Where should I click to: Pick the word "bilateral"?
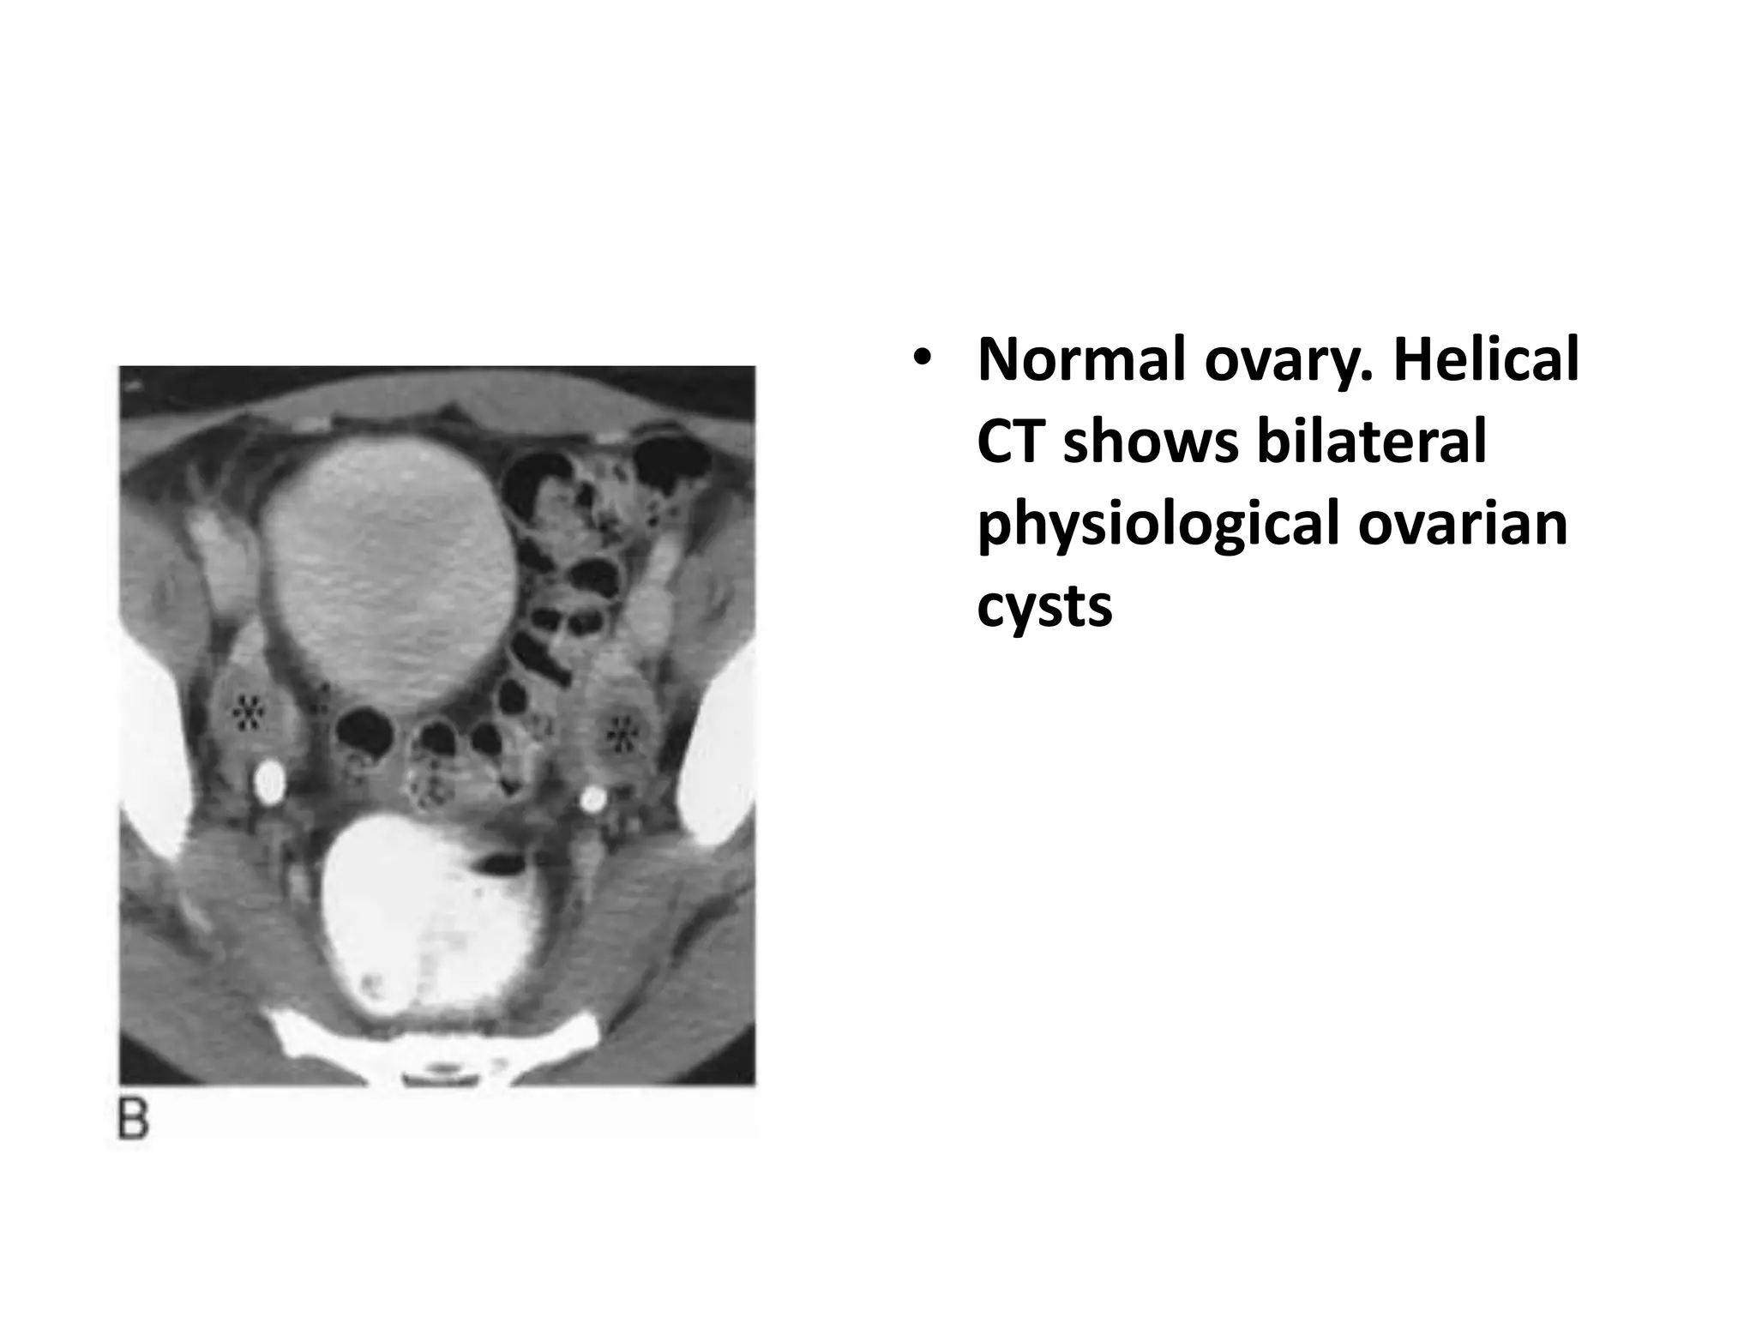click(x=1371, y=443)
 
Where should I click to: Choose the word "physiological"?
click(x=1158, y=525)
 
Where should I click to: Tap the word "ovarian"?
click(x=1463, y=525)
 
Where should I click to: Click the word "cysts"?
click(x=1044, y=605)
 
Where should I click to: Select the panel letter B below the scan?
click(x=133, y=1120)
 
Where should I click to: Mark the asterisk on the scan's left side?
click(x=249, y=711)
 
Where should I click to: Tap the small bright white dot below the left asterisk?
click(x=270, y=782)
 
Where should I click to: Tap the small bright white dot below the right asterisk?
click(x=592, y=799)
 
